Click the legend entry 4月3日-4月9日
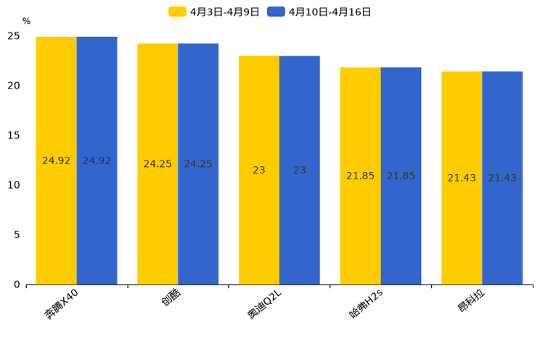pyautogui.click(x=214, y=12)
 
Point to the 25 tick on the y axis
pyautogui.click(x=14, y=36)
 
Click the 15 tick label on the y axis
pyautogui.click(x=14, y=135)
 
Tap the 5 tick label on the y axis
pyautogui.click(x=17, y=234)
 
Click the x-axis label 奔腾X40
pyautogui.click(x=67, y=303)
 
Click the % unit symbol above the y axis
pyautogui.click(x=26, y=21)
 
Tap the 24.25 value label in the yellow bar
pyautogui.click(x=157, y=164)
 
